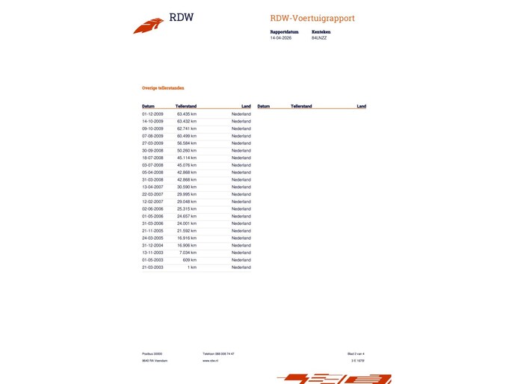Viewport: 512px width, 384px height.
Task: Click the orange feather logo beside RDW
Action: tap(148, 25)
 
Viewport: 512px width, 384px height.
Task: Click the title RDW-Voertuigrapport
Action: tap(312, 18)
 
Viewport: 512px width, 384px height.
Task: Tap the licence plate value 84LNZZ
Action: tap(319, 38)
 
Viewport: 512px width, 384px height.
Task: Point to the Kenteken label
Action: tap(321, 32)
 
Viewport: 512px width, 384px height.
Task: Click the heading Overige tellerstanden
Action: tap(163, 87)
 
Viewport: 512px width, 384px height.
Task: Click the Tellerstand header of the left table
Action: tap(186, 107)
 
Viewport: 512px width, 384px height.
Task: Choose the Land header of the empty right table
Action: tap(361, 107)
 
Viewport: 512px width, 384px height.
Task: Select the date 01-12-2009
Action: tap(152, 114)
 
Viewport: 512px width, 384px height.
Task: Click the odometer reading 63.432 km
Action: tap(186, 121)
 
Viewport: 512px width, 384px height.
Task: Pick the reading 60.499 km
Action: tap(186, 136)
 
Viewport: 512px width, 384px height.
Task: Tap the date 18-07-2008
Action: tap(152, 158)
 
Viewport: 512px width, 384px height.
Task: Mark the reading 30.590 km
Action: tap(186, 187)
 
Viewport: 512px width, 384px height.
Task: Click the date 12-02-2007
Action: tap(152, 202)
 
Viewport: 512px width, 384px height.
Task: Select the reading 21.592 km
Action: tap(186, 231)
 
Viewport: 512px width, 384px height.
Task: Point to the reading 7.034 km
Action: tap(188, 253)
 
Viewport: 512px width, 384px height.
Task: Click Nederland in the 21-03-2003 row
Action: tap(241, 267)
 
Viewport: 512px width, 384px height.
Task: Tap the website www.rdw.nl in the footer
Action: tap(209, 360)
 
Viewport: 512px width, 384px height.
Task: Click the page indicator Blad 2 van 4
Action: tap(356, 353)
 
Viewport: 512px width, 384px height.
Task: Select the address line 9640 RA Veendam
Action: tap(155, 360)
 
